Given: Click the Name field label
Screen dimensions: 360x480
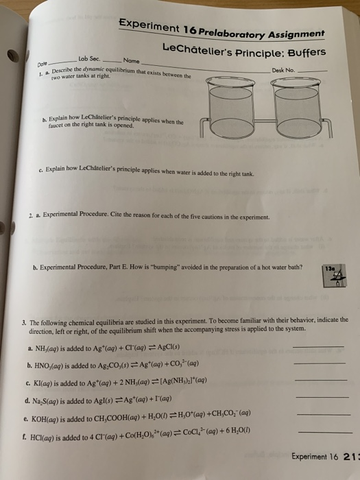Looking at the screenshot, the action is click(131, 60).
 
